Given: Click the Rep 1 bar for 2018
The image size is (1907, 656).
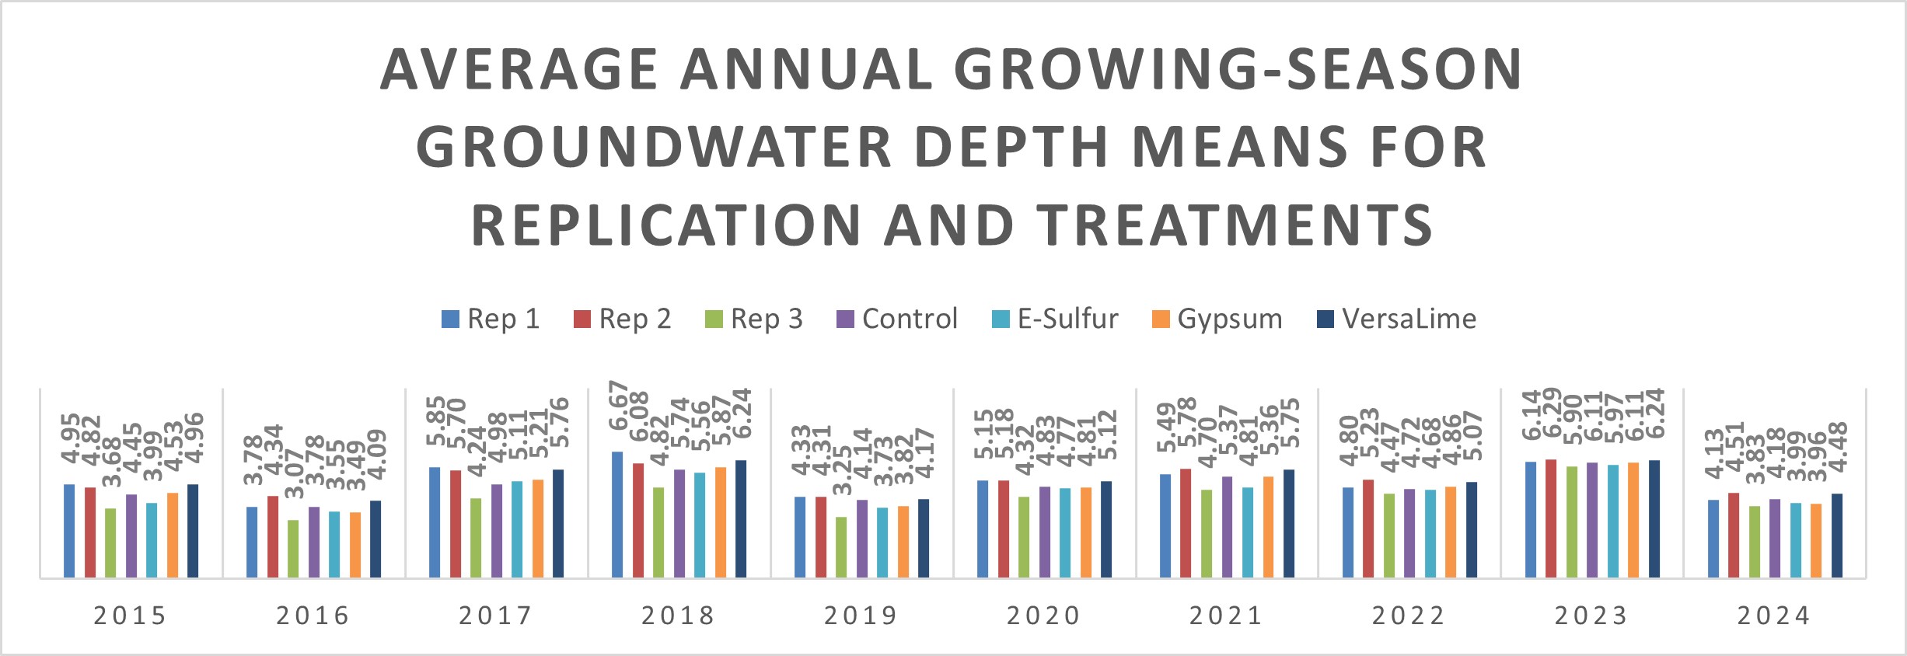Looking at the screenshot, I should point(617,515).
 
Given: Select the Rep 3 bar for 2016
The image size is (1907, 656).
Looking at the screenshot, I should point(293,549).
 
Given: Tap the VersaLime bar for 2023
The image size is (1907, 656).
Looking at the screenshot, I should point(1654,518).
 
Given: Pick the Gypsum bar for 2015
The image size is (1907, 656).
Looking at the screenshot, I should point(173,535).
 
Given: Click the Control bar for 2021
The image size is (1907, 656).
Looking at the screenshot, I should point(1228,526).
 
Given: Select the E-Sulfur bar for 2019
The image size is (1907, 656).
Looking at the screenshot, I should point(882,543).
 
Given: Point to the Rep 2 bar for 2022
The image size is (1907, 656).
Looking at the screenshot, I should point(1368,529).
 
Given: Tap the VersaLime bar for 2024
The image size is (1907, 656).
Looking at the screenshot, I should point(1837,536).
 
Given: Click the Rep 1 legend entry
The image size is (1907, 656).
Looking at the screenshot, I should point(491,319).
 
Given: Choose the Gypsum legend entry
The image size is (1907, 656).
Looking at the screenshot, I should point(1217,319).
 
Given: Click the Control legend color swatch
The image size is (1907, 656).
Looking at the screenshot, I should point(845,319).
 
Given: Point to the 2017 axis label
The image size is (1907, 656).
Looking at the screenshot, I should point(495,616).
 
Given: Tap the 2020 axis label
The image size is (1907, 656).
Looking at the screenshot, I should point(1043,616).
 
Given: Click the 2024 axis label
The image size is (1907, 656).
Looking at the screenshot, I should point(1774,616).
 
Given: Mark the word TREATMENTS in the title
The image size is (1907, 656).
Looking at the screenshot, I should point(1236,225).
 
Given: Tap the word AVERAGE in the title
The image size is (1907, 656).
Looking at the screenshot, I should point(519,70).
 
